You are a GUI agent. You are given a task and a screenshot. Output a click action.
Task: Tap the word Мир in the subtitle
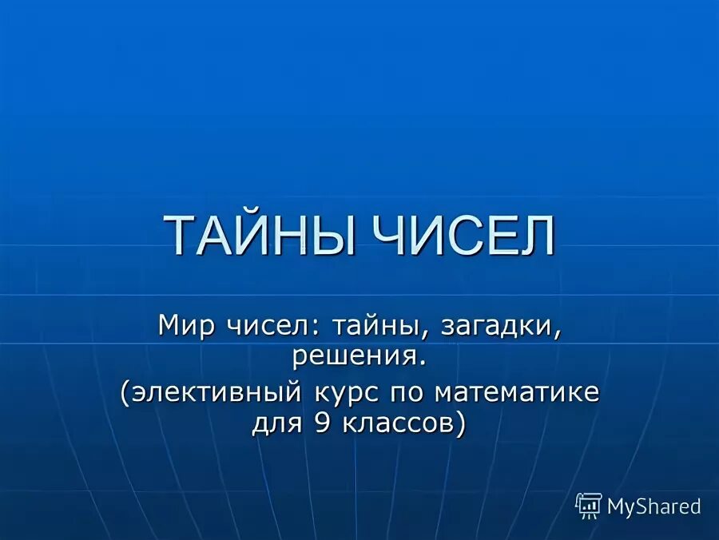click(185, 326)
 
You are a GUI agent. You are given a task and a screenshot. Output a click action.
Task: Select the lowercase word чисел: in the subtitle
click(263, 326)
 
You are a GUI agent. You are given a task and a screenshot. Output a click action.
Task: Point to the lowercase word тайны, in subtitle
click(367, 327)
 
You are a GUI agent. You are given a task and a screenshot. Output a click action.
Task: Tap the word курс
click(344, 394)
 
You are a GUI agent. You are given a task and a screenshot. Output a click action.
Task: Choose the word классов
click(395, 423)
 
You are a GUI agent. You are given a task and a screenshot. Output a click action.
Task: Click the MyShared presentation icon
click(588, 506)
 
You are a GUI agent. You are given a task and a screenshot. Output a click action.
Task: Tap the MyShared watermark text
click(653, 506)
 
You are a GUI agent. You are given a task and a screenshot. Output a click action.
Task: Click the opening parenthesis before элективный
click(126, 394)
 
